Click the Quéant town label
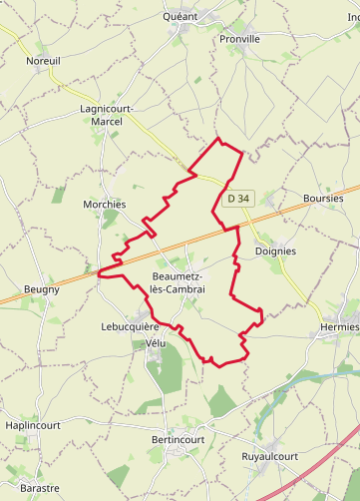[180, 17]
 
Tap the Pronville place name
[239, 39]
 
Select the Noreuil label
[43, 61]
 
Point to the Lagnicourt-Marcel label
[101, 115]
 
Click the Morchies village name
[105, 204]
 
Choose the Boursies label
[322, 199]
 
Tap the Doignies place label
[275, 251]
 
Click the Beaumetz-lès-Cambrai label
[178, 281]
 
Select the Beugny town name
[41, 289]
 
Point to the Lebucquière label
[130, 326]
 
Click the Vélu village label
[155, 342]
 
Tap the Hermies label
[339, 327]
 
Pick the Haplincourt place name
[33, 424]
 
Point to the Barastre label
[40, 488]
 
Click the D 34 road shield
[237, 199]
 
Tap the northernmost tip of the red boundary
[218, 139]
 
